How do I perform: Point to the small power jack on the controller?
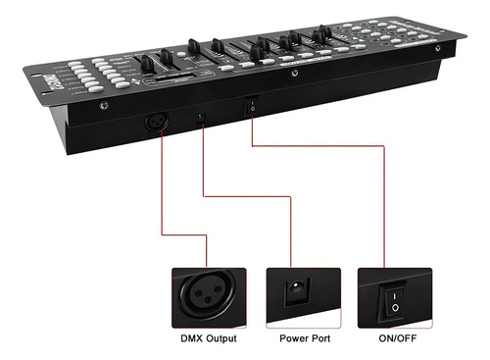(x=203, y=116)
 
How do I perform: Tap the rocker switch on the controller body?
(x=253, y=103)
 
